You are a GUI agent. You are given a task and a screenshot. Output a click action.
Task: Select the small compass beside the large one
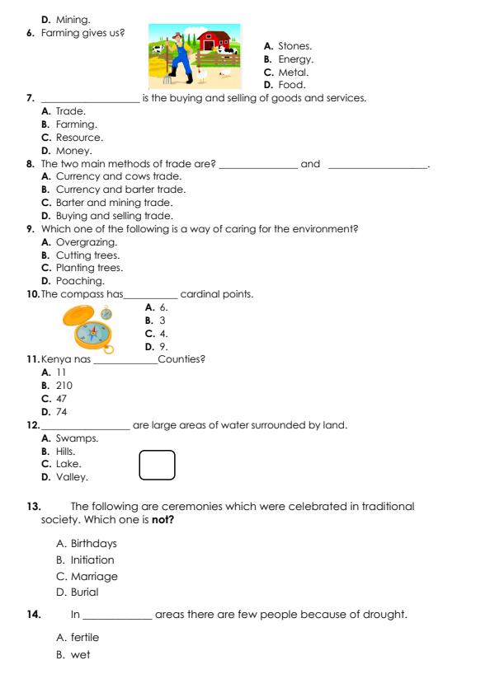click(x=106, y=313)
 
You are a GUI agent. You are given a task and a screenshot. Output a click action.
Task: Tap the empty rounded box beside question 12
click(x=158, y=465)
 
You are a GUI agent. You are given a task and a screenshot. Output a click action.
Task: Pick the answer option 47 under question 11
click(x=61, y=398)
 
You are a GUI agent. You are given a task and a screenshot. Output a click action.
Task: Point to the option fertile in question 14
click(x=84, y=638)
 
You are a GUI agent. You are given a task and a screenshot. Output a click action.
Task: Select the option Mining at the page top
click(x=73, y=19)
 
